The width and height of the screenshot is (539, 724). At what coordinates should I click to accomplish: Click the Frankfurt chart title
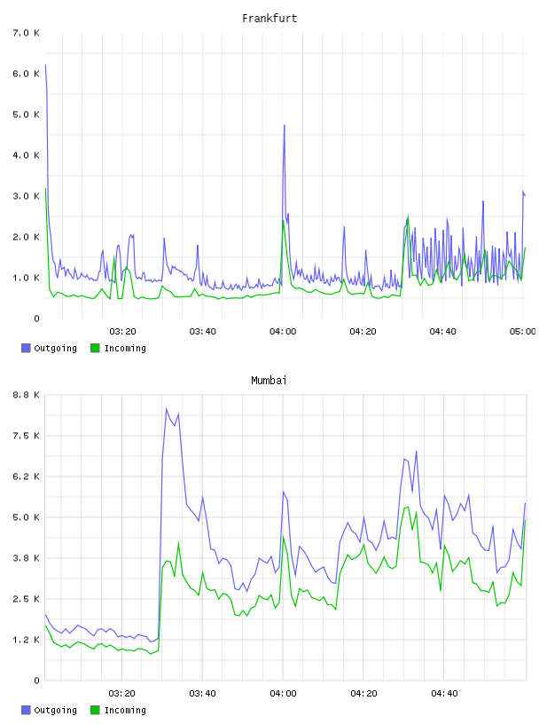[269, 19]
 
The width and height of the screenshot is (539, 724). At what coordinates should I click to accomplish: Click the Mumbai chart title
[269, 381]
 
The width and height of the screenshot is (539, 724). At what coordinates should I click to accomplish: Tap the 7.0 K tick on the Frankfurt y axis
[27, 33]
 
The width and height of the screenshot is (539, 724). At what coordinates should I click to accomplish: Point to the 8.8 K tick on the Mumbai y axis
[27, 395]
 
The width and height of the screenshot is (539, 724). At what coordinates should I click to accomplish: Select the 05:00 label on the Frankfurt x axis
[522, 331]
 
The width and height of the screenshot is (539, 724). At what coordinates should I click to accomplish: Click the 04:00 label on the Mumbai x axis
[283, 693]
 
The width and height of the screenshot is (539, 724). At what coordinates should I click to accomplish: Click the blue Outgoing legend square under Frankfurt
[26, 348]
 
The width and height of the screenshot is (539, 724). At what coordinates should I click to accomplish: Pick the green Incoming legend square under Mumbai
[95, 710]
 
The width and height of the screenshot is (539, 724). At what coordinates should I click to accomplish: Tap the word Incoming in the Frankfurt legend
[125, 349]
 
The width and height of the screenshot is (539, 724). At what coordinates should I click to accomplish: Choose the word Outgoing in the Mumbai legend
[55, 711]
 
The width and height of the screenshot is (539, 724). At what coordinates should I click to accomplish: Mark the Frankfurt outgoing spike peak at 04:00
[285, 125]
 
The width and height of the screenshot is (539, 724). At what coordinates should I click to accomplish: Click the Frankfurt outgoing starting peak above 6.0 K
[45, 65]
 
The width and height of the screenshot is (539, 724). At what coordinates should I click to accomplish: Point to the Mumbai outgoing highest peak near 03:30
[166, 409]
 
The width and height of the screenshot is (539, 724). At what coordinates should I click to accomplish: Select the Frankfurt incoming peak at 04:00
[284, 220]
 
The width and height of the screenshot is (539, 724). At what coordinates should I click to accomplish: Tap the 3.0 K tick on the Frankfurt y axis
[27, 196]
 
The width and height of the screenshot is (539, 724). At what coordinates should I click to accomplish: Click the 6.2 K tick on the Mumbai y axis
[27, 476]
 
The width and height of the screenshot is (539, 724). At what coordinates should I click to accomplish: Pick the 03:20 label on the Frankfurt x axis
[122, 331]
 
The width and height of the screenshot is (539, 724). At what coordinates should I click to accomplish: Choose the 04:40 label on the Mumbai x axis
[444, 693]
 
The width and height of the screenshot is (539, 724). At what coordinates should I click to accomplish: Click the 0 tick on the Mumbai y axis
[36, 681]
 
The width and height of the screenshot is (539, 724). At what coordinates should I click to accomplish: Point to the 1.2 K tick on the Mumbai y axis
[27, 640]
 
